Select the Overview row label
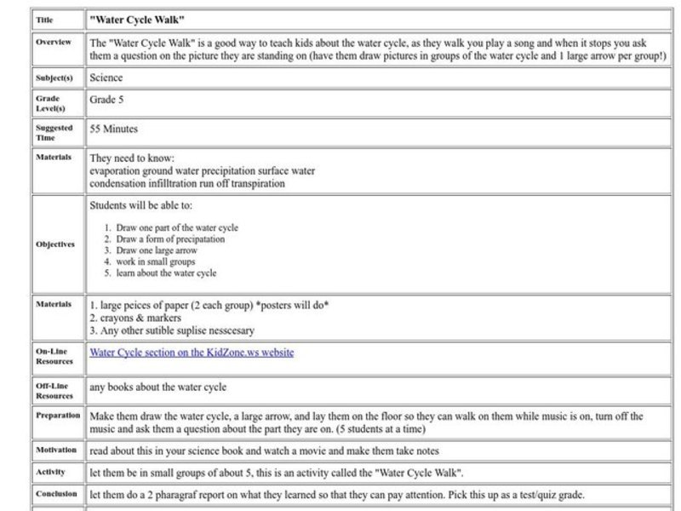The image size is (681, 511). (54, 42)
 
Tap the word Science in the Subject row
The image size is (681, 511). (106, 78)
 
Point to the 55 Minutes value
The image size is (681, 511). (113, 129)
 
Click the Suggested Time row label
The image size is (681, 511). (54, 133)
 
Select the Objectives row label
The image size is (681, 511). (55, 244)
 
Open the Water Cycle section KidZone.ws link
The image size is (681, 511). (192, 352)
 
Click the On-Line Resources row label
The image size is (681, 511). (54, 356)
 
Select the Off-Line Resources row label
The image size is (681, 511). (54, 391)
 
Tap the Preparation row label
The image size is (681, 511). (58, 416)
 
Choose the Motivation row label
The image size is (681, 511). (56, 450)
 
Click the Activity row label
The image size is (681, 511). (49, 471)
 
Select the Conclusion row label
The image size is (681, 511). (56, 494)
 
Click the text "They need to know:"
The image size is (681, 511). (131, 158)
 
